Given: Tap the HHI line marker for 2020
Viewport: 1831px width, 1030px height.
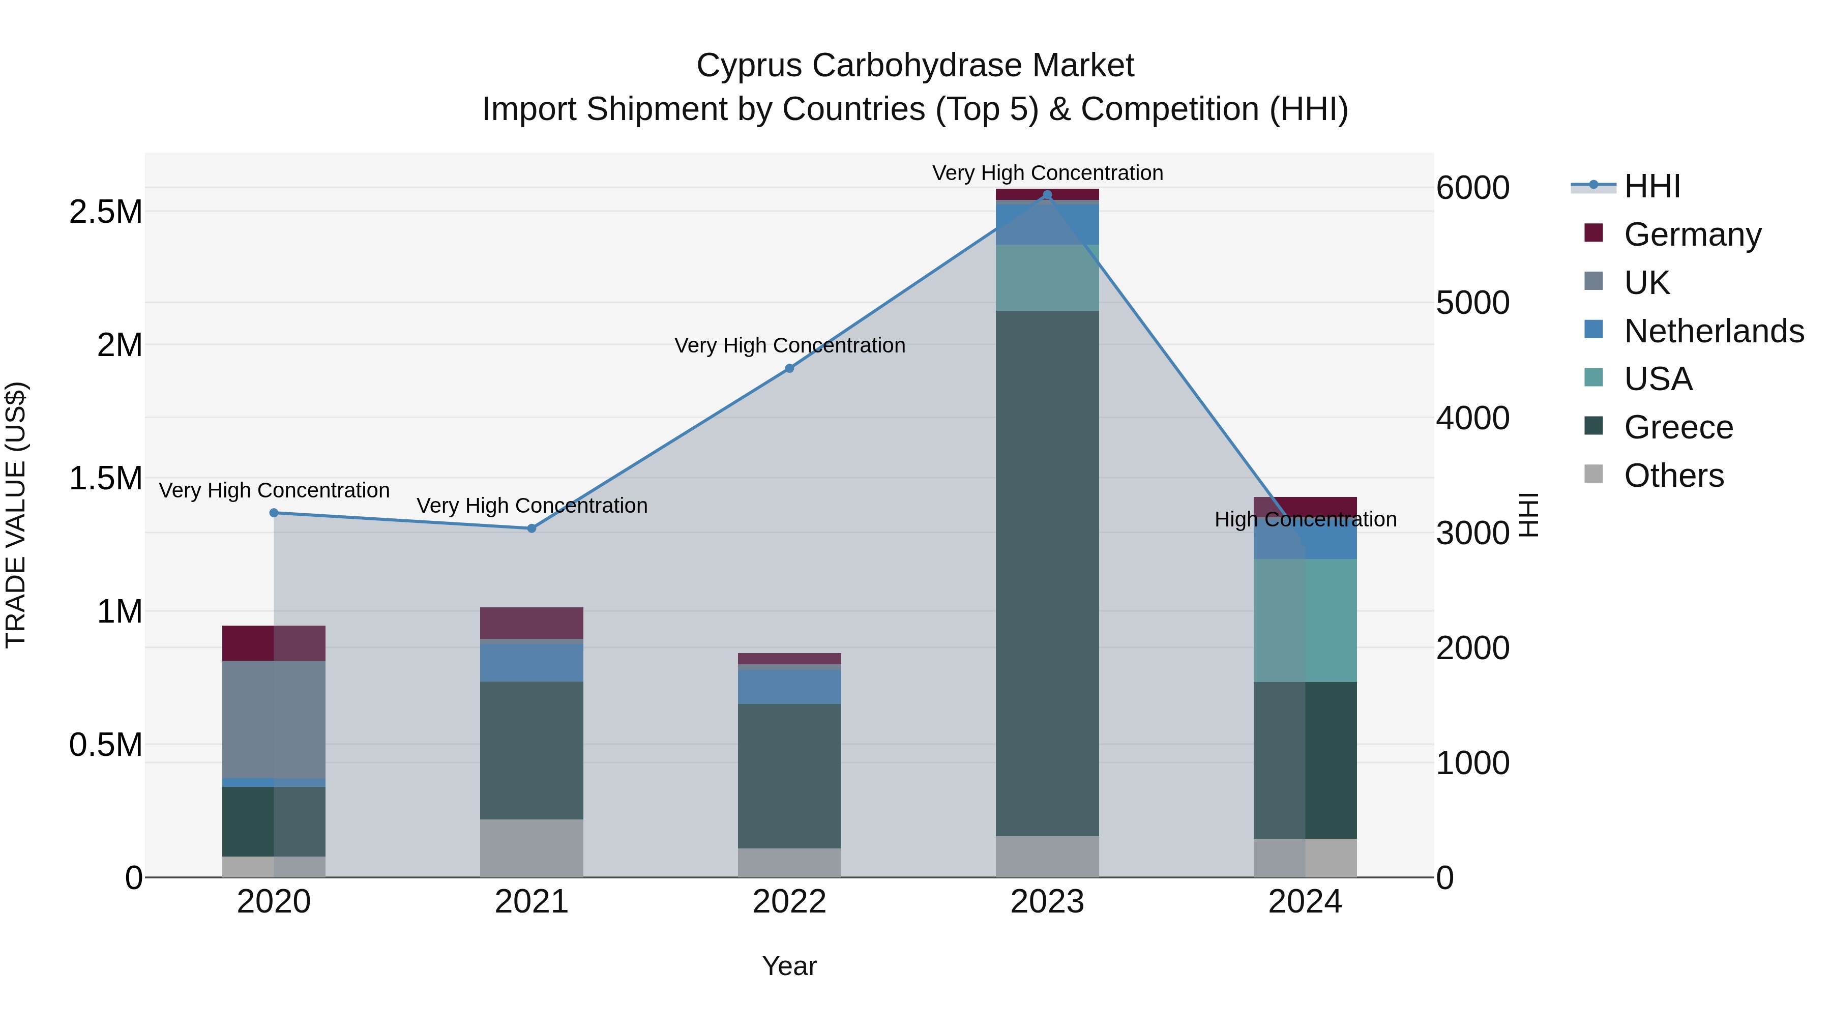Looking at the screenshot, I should [x=274, y=513].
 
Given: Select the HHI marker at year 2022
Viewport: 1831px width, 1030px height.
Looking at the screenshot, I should [x=789, y=368].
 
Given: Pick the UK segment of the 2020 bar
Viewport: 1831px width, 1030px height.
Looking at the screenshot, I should [x=274, y=719].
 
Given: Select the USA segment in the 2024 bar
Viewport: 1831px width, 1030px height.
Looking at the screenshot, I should [x=1305, y=620].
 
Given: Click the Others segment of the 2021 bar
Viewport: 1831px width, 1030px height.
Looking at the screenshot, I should [x=531, y=847].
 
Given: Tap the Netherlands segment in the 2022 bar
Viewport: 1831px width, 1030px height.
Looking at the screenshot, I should [x=789, y=686].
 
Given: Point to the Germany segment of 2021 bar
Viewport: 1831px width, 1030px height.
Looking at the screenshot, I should [x=531, y=623].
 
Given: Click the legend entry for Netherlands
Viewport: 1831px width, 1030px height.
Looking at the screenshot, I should [x=1713, y=331].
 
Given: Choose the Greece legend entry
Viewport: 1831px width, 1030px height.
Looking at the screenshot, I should [x=1677, y=427].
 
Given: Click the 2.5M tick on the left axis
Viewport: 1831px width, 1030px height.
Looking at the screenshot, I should [x=105, y=212].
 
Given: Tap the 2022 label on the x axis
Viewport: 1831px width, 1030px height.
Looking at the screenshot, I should [x=789, y=902].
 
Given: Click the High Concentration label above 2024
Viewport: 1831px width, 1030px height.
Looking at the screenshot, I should [x=1305, y=520].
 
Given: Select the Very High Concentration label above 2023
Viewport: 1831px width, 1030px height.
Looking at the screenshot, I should [x=1047, y=173].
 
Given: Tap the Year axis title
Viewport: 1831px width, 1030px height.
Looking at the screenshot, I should [x=789, y=966].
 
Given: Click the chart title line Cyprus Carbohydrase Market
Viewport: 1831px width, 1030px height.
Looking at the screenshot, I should [x=915, y=66].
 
